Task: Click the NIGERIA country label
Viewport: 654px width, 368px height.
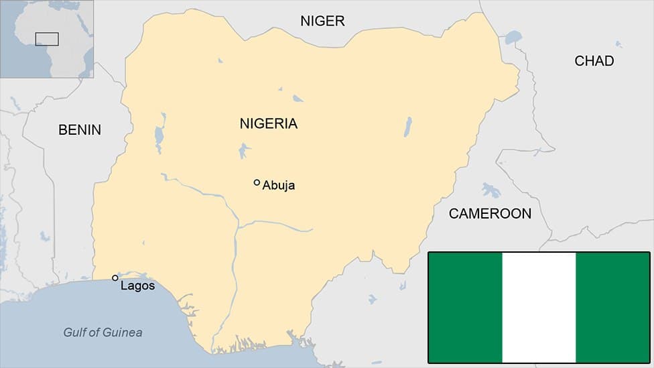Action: tap(268, 124)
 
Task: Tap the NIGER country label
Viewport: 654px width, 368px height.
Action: tap(322, 21)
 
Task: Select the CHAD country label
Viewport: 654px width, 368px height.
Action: tap(594, 61)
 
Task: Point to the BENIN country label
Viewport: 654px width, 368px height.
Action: tap(80, 130)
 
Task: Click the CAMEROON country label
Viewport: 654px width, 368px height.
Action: tap(490, 214)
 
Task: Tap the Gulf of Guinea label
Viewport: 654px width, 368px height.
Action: tap(103, 332)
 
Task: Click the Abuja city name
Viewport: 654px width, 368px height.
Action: tap(278, 186)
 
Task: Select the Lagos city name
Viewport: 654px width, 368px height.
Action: tap(137, 286)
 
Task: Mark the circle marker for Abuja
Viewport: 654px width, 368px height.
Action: tap(257, 182)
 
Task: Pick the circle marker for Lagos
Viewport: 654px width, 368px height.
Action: tap(115, 278)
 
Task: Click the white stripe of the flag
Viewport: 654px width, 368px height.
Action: tap(539, 307)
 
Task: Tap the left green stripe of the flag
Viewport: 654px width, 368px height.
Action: tap(465, 307)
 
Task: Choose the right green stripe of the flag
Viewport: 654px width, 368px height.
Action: tap(612, 307)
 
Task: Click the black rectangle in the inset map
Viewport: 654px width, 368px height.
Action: tap(47, 39)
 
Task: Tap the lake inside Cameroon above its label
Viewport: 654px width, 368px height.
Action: tap(490, 190)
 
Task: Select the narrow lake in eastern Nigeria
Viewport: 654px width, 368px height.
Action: tap(407, 127)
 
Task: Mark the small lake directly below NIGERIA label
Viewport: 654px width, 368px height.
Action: tap(244, 150)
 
